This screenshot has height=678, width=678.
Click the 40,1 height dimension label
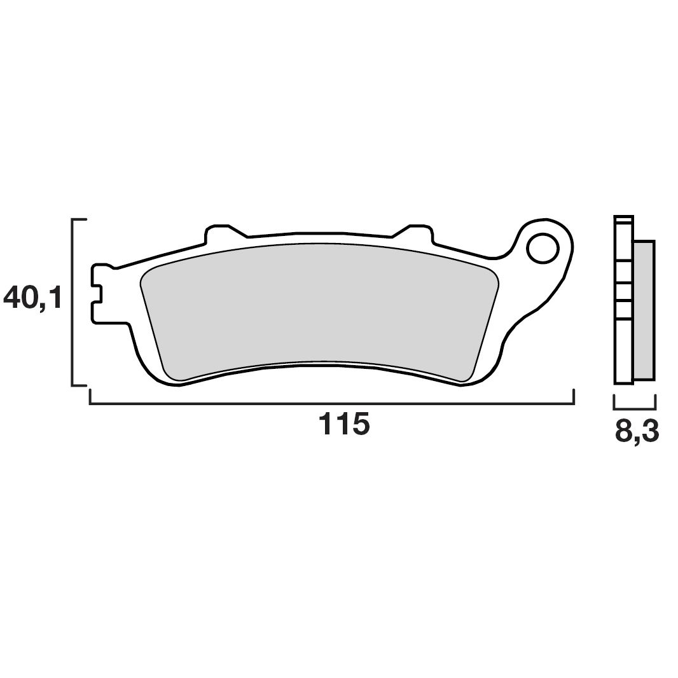coord(33,298)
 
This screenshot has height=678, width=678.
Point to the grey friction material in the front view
coord(318,305)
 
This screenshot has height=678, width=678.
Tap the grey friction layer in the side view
coord(644,310)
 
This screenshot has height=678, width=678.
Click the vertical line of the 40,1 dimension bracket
coord(73,302)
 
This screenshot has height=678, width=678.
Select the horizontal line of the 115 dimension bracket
coord(331,403)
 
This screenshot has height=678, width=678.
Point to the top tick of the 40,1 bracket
coord(80,220)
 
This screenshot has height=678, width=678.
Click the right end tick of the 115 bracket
coord(574,397)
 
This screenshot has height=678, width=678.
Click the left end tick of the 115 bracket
coord(90,397)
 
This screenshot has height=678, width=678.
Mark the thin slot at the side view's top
coord(623,219)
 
